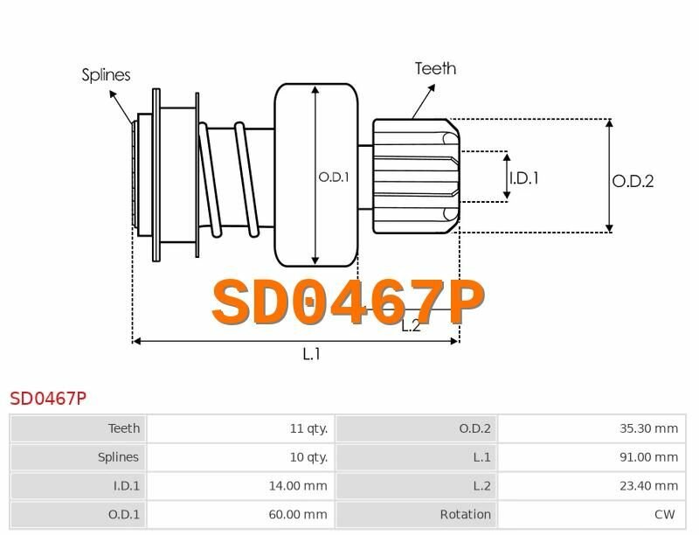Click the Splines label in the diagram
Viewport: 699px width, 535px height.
point(106,75)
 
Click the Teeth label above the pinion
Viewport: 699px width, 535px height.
point(435,69)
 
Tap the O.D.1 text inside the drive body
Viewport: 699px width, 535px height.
point(334,177)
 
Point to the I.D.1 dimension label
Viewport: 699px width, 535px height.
point(523,178)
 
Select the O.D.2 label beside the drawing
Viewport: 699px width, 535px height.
point(633,182)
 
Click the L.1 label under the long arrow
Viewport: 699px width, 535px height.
point(311,354)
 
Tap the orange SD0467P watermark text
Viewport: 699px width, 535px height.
point(348,302)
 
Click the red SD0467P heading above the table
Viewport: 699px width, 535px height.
point(48,399)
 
